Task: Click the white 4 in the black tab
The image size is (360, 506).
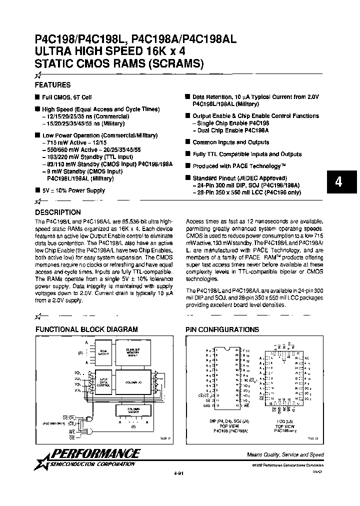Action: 339,182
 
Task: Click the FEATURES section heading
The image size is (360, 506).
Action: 52,85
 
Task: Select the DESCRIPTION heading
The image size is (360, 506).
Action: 58,212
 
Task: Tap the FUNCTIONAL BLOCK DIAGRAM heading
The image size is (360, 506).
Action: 86,329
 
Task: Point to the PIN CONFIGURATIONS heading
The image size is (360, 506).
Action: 222,329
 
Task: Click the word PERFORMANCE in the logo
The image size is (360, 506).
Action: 95,454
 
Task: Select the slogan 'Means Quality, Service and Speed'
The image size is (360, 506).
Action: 285,454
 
